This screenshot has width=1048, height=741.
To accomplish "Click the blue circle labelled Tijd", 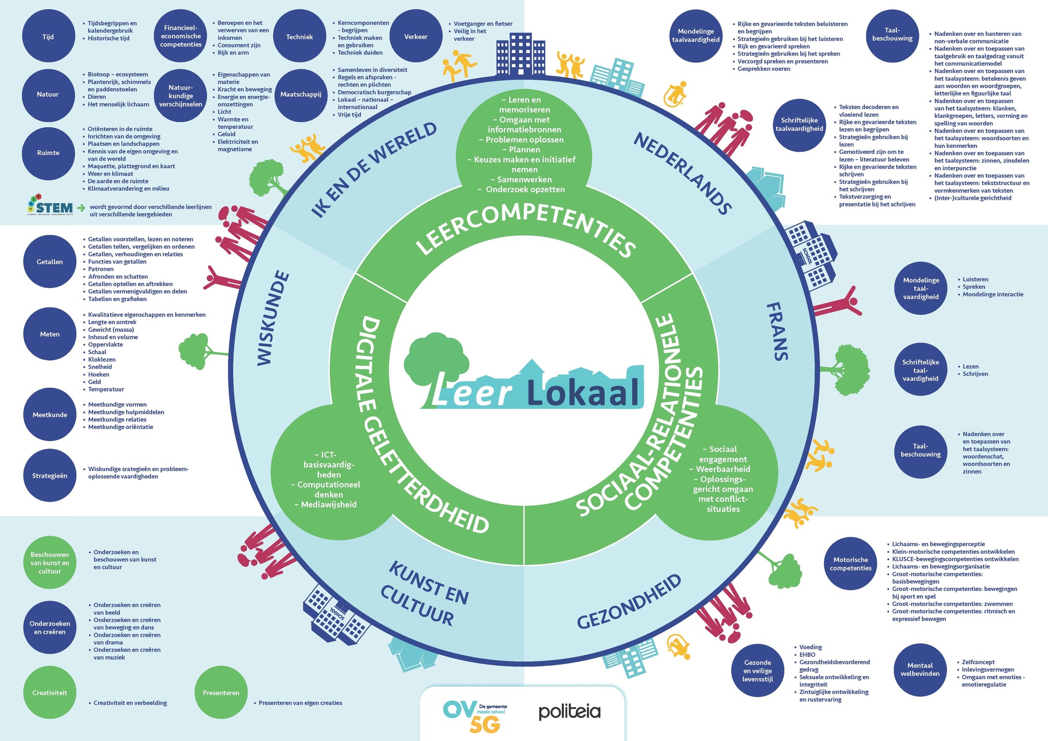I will coord(49,37).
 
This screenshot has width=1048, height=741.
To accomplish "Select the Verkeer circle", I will coord(416,37).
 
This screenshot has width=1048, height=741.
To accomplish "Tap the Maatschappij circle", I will coord(301,94).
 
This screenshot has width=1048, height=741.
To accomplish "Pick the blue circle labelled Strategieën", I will coord(50,476).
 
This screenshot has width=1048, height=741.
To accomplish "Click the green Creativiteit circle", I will coord(50,692).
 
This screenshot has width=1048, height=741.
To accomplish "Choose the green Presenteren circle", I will coord(221,692).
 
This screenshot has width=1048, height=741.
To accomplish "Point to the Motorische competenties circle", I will coord(850,564).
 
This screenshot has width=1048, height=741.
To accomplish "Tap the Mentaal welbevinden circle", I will coord(920,670).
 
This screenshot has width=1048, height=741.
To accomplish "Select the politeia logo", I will coord(569,712).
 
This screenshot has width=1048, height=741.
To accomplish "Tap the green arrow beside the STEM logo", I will coord(81,207).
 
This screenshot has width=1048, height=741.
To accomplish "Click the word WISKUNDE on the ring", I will coord(273,318).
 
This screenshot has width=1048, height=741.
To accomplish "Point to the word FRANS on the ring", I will coord(777,331).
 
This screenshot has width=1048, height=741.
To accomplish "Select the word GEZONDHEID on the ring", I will coord(629,601).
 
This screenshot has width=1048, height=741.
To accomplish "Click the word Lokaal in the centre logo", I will coord(583,392).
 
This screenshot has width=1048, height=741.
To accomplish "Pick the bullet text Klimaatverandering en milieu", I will coord(128,189).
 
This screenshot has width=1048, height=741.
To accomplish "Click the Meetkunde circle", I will coord(50,415).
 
